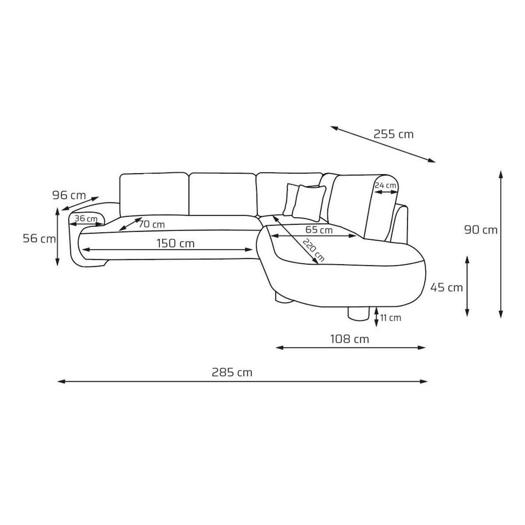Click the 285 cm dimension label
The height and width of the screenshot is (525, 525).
[x=232, y=372]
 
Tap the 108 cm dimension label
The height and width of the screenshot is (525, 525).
[x=349, y=339]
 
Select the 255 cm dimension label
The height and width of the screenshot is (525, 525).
[x=393, y=134]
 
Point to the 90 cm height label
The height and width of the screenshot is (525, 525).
[x=481, y=230]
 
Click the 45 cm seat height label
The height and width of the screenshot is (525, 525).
[x=447, y=287]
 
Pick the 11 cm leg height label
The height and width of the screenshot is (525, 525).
[x=391, y=318]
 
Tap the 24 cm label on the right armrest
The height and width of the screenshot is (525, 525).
[x=385, y=185]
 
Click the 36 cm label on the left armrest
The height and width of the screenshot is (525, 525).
[x=86, y=218]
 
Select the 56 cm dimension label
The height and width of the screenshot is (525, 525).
[x=39, y=238]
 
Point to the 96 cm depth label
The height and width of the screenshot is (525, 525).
[x=69, y=195]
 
